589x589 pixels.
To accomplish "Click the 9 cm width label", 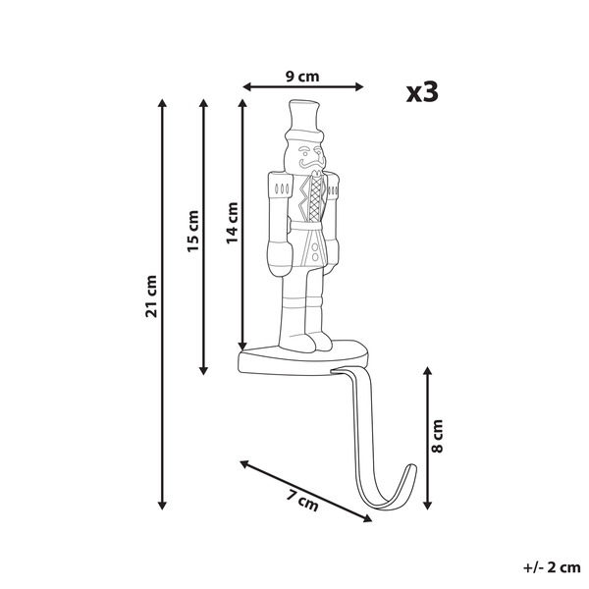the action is [x=302, y=77].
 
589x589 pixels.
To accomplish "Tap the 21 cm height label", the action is [x=151, y=296].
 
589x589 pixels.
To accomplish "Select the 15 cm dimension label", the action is [x=193, y=232].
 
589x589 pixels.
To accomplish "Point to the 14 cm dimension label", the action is [x=233, y=223].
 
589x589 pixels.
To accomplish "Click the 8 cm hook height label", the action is [x=438, y=436].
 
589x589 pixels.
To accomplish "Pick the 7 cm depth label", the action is [x=302, y=501].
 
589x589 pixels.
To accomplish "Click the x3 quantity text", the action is [x=422, y=92].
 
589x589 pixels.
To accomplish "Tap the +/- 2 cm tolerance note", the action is [x=552, y=567].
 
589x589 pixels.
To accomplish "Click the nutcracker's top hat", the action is [x=304, y=120].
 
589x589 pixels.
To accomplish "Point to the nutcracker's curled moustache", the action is [x=312, y=163].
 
